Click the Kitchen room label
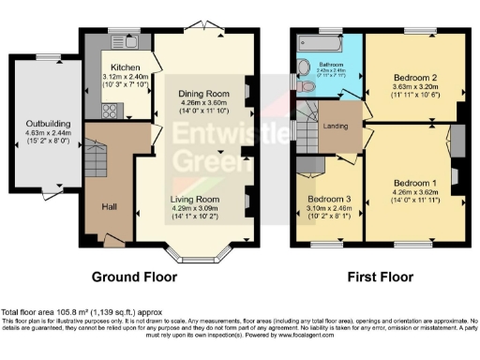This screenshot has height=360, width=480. click(x=125, y=67)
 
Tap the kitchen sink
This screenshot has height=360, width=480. click(x=127, y=42)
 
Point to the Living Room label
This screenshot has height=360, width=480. click(x=195, y=200)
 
